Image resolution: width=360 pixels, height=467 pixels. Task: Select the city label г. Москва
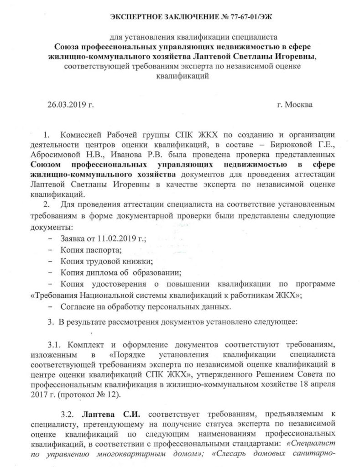[x=295, y=104]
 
